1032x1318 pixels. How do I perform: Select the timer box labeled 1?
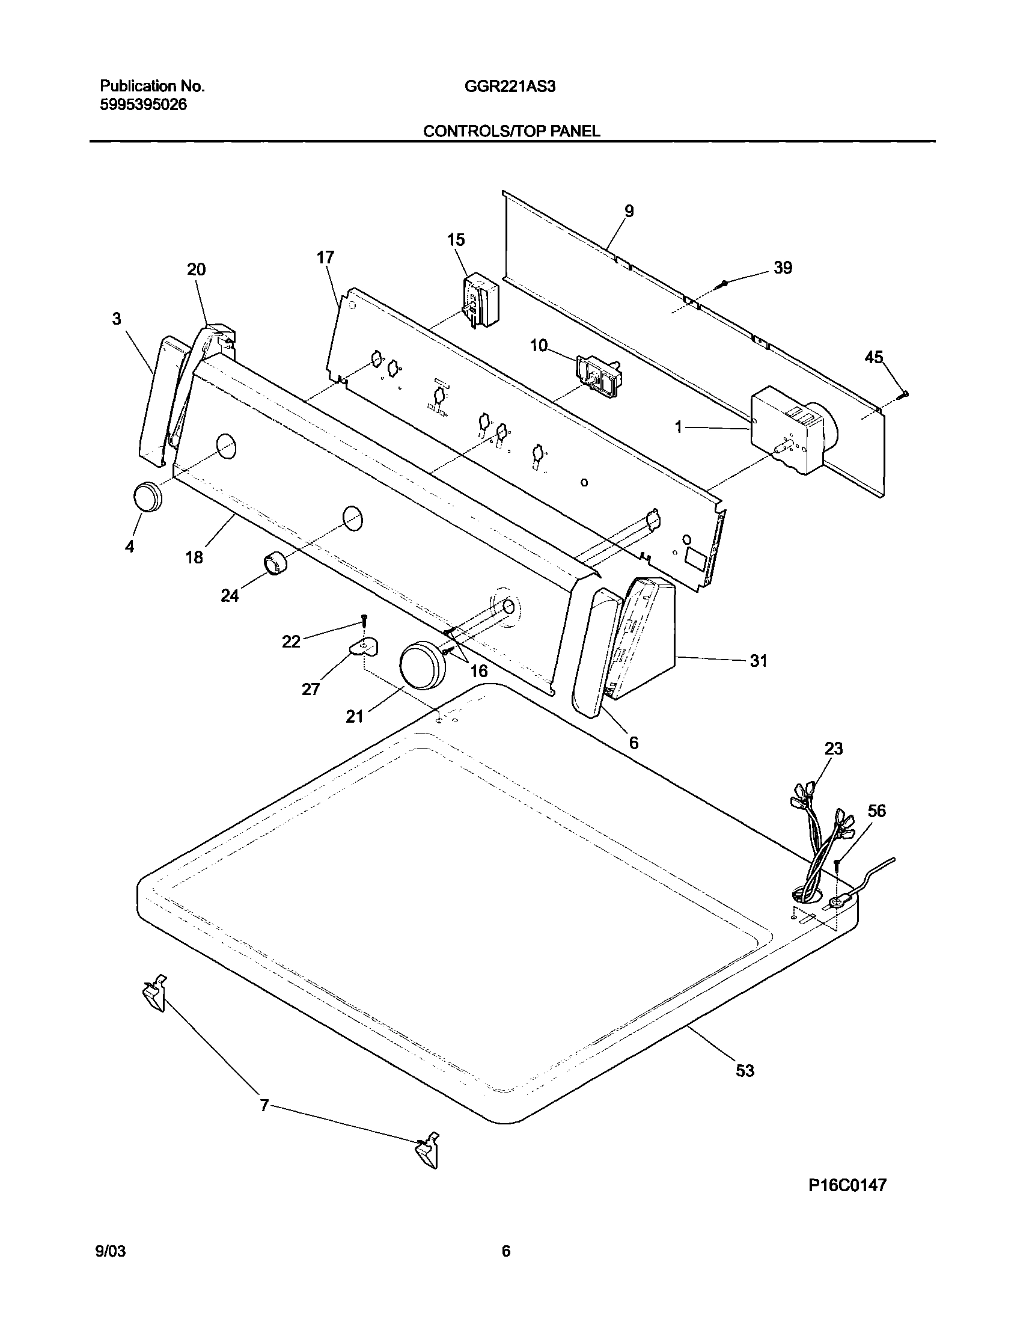[x=789, y=431]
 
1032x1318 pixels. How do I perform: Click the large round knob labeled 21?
[x=422, y=666]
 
